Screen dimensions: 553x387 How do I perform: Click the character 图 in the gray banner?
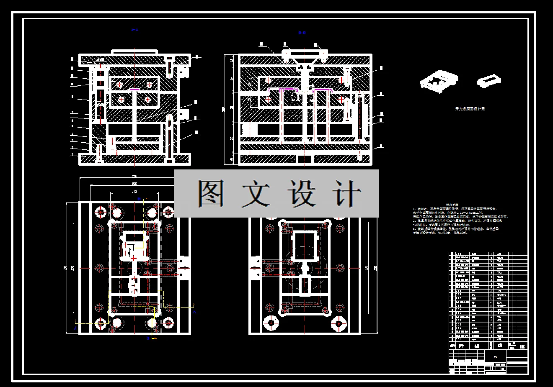click(211, 193)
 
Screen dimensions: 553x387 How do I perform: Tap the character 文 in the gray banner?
click(255, 193)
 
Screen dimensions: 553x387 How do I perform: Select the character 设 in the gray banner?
click(300, 193)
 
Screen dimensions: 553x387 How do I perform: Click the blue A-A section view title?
click(134, 30)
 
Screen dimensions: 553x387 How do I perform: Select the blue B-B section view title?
click(302, 33)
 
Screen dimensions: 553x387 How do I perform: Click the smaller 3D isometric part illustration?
click(488, 80)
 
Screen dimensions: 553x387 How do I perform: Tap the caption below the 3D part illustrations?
click(470, 109)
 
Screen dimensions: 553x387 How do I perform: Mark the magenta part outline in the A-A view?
click(134, 89)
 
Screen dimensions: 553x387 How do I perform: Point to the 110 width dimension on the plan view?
click(134, 191)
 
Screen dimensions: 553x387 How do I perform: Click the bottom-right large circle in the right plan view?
click(339, 323)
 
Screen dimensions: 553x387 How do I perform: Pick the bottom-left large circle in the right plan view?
click(271, 323)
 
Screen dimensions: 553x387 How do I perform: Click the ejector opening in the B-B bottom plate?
click(305, 159)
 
